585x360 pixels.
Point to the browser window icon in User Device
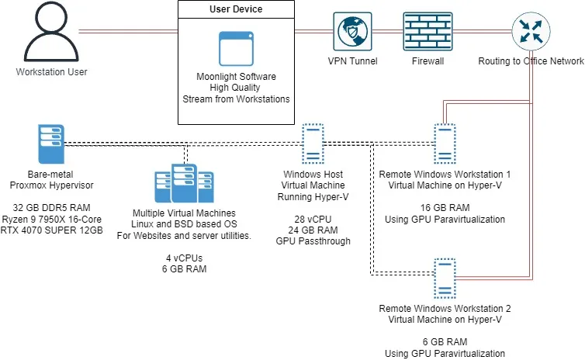[236, 48]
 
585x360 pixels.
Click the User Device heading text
[236, 9]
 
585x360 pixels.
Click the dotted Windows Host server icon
[313, 143]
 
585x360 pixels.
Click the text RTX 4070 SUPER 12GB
[52, 230]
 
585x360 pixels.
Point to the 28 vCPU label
[313, 219]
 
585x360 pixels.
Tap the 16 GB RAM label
[445, 208]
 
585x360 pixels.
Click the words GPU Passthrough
[313, 241]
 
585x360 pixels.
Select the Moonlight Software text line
[236, 77]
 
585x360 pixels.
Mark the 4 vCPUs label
[183, 258]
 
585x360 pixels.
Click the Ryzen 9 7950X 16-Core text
[52, 219]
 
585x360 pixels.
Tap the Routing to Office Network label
[531, 61]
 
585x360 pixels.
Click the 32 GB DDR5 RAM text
[52, 208]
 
